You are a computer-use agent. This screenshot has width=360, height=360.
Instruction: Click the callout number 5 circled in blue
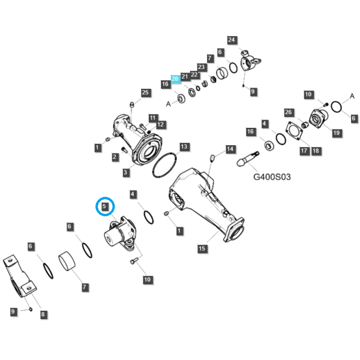pos(104,206)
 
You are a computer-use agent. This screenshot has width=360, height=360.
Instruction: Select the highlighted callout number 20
pos(175,79)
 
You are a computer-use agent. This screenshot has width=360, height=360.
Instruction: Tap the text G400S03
pos(272,177)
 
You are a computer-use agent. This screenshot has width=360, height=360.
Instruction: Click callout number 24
pos(232,40)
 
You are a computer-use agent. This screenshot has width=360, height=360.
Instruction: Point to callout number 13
pos(184,147)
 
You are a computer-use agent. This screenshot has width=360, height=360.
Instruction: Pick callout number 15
pos(202,248)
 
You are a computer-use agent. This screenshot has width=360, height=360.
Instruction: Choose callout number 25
pos(145,93)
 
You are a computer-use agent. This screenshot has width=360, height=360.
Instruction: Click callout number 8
pos(43,314)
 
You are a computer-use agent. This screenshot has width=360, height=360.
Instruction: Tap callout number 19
pos(337,133)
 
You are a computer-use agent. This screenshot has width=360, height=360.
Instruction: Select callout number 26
pos(289,112)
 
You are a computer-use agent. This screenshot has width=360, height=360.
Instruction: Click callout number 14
pos(230,149)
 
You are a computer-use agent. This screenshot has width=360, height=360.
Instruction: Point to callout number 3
pos(125,172)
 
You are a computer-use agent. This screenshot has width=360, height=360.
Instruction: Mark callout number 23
pos(202,67)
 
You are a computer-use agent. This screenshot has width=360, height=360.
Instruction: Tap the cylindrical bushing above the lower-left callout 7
pos(67,261)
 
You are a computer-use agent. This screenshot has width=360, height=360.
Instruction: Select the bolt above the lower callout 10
pos(134,260)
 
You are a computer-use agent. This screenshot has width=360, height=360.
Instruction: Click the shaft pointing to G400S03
pos(248,159)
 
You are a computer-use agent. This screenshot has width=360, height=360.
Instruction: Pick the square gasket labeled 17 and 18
pos(294,131)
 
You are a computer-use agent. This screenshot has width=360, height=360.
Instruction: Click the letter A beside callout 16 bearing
pos(168,104)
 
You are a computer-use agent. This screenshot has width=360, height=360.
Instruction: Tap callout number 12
pos(160,125)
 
